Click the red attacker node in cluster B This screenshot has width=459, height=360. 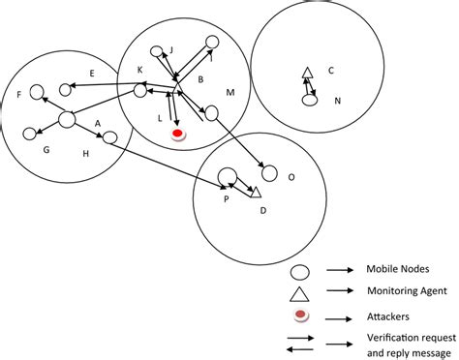click(178, 135)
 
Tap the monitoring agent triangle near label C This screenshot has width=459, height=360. click(307, 74)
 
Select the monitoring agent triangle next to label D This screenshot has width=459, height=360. click(256, 191)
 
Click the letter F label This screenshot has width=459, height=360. click(20, 94)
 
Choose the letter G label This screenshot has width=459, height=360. click(45, 150)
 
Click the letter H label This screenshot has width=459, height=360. click(85, 154)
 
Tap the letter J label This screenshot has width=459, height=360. click(170, 49)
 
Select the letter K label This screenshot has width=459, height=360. click(139, 70)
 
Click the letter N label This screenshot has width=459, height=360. click(337, 101)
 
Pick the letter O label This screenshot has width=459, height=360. click(291, 177)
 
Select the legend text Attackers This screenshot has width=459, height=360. click(386, 315)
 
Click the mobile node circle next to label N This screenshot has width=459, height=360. click(310, 99)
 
